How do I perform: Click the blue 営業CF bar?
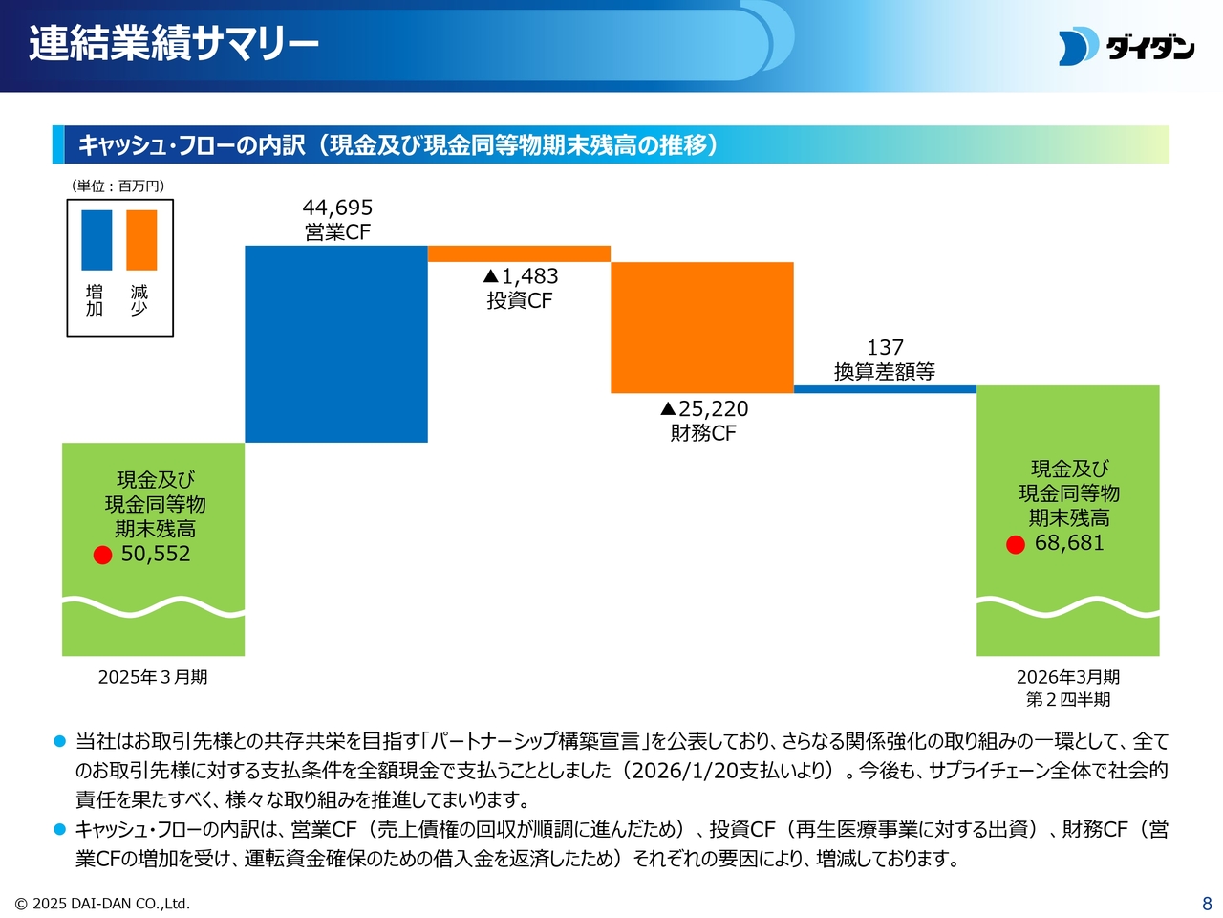click(x=336, y=344)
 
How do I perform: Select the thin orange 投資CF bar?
click(x=519, y=253)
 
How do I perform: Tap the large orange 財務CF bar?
click(x=702, y=327)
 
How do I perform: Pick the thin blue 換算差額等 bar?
click(x=885, y=389)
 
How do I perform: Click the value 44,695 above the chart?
click(x=337, y=208)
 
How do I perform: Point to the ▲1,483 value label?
click(x=521, y=276)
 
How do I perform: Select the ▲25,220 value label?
click(x=704, y=409)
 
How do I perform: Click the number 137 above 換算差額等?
click(x=885, y=348)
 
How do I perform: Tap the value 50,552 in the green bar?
click(x=156, y=554)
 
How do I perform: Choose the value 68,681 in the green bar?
click(x=1069, y=543)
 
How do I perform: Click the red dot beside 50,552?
click(x=103, y=555)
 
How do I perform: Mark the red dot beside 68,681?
click(x=1016, y=544)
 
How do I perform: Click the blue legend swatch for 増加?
click(x=97, y=240)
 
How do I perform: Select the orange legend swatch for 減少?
click(x=141, y=240)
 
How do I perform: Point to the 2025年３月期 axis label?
click(x=153, y=677)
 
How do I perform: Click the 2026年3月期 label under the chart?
click(x=1068, y=677)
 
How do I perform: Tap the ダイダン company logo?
click(x=1126, y=47)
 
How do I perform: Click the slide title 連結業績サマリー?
click(x=174, y=44)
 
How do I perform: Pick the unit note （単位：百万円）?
click(x=118, y=186)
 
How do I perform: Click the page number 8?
click(x=1207, y=904)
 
